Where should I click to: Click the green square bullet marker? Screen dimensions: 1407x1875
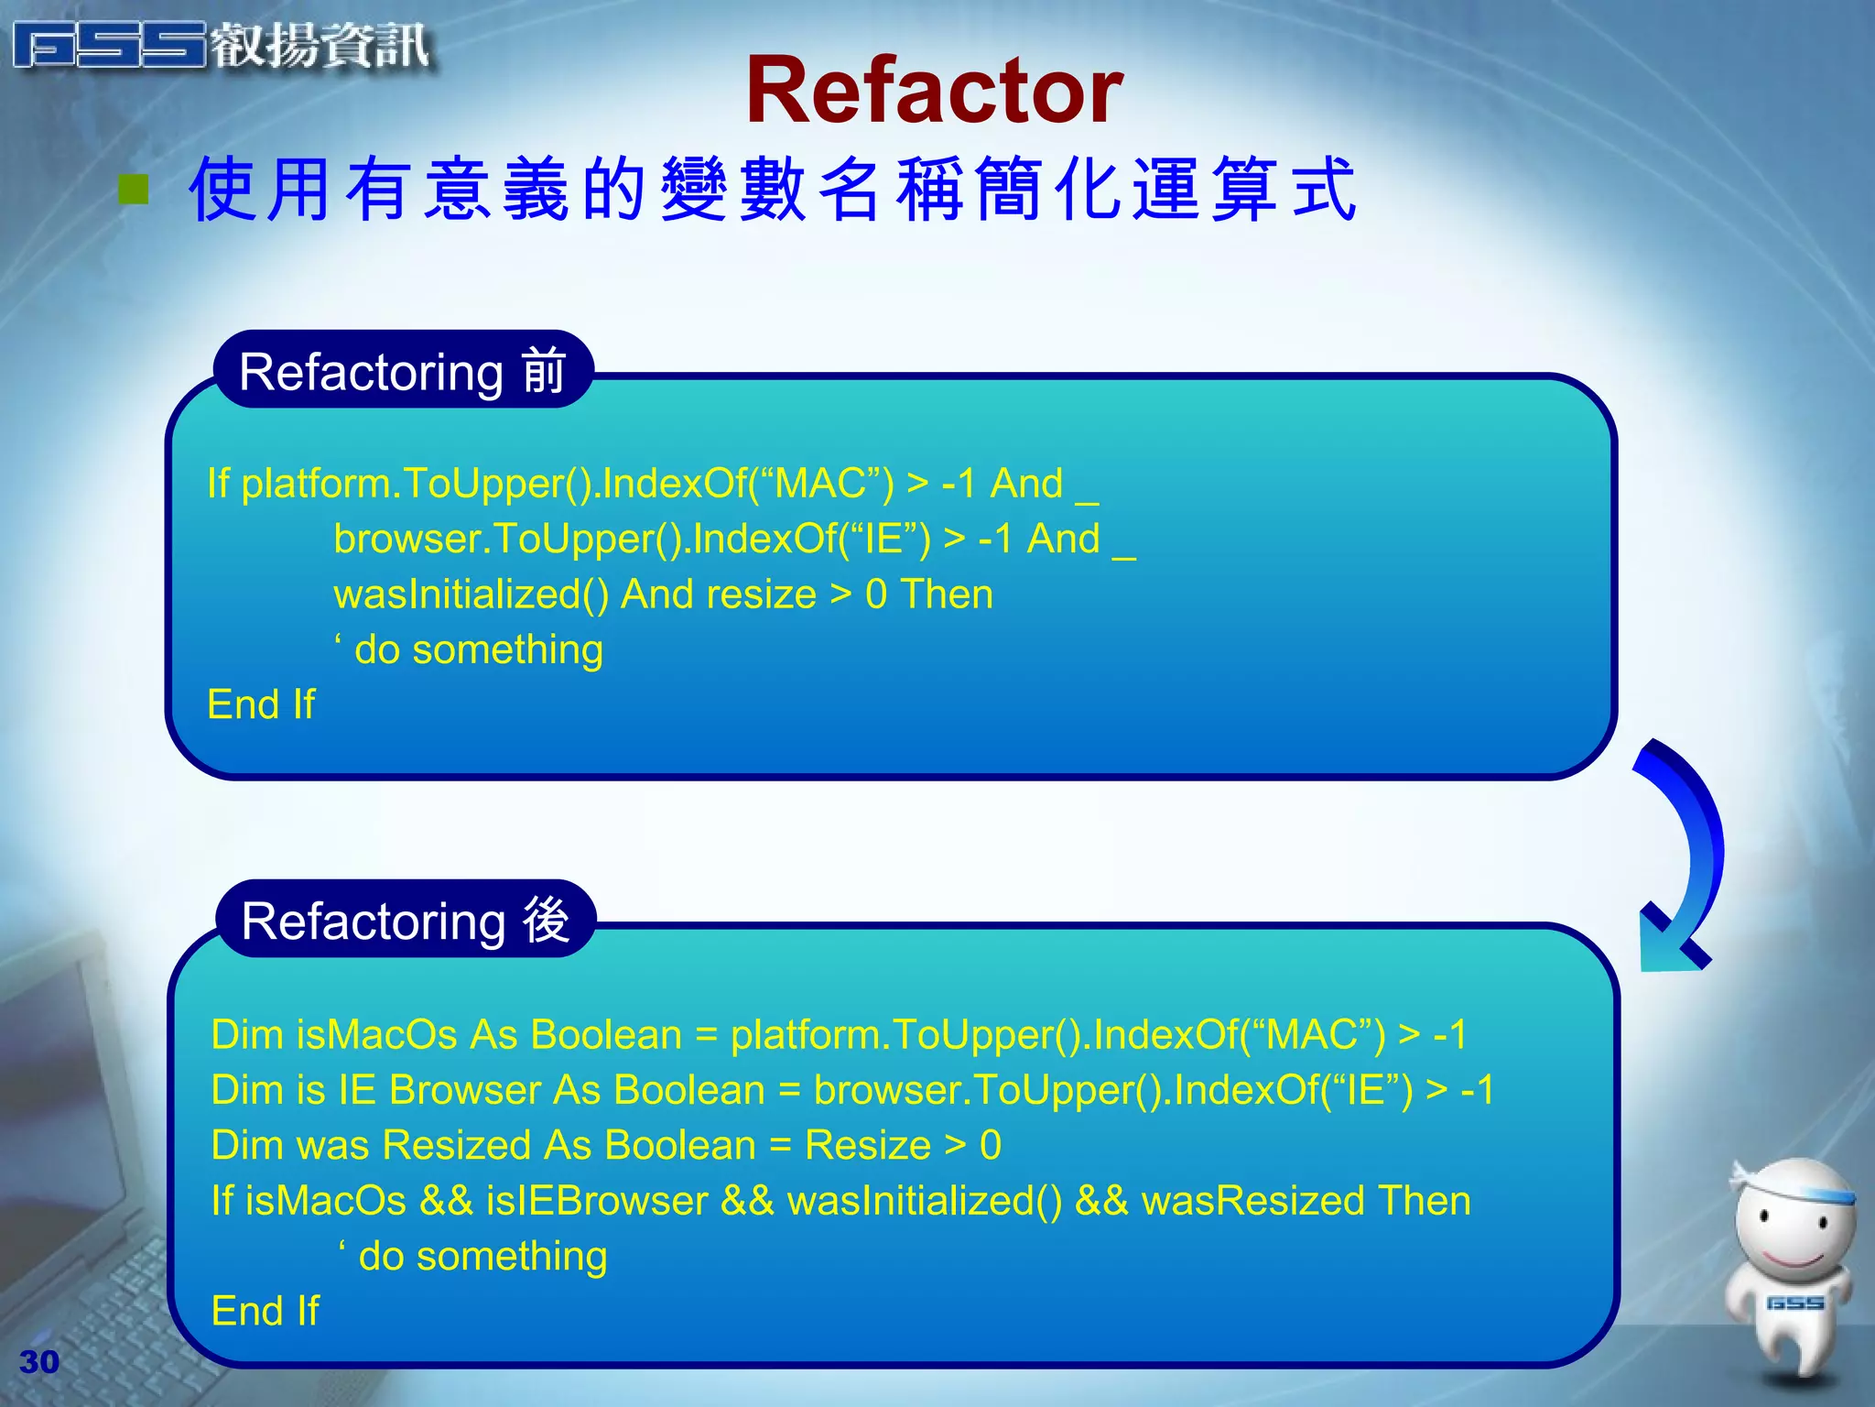(x=135, y=189)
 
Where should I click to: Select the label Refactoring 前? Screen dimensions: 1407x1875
(x=403, y=371)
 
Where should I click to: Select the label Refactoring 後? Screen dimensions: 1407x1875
(x=405, y=920)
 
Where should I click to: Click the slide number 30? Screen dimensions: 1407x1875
(x=39, y=1362)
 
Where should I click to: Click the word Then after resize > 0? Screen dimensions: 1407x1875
(x=947, y=594)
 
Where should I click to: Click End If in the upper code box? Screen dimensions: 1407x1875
(x=261, y=704)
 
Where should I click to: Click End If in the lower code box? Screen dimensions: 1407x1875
(x=265, y=1311)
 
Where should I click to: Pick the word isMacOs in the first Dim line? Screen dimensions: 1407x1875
(x=376, y=1034)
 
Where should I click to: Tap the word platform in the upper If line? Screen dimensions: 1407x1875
(x=315, y=484)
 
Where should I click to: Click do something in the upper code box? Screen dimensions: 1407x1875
(x=478, y=649)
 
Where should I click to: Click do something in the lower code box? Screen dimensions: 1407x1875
(x=482, y=1256)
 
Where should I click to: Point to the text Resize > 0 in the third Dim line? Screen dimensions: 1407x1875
(x=903, y=1145)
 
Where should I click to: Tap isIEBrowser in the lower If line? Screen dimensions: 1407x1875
(x=597, y=1201)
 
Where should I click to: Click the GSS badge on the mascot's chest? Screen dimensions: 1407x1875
(x=1794, y=1303)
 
